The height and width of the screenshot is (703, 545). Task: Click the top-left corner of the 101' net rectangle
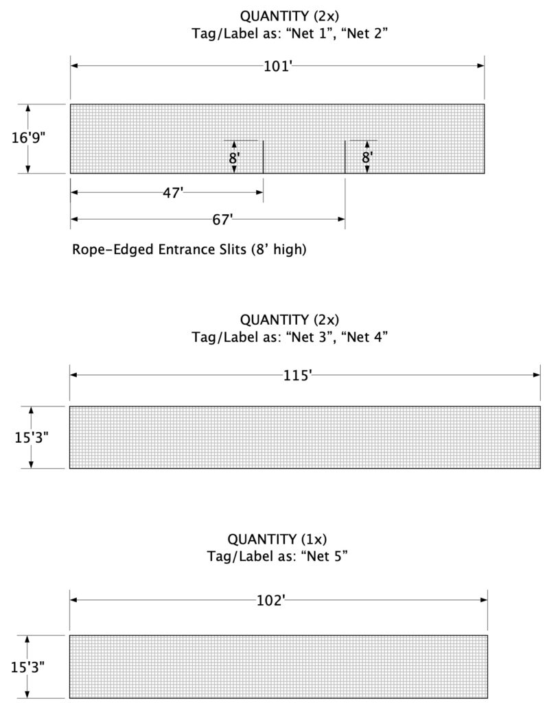tap(71, 104)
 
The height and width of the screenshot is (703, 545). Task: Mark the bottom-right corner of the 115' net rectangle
tap(540, 468)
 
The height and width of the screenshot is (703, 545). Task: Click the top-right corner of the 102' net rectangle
tap(487, 635)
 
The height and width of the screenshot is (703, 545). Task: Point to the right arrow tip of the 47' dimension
tap(263, 192)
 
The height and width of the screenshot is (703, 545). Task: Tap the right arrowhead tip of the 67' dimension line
tap(345, 219)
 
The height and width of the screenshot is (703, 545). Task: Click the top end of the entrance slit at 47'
tap(263, 141)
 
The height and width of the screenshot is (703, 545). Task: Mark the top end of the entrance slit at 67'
tap(345, 141)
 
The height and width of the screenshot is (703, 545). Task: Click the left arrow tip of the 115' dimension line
tap(71, 375)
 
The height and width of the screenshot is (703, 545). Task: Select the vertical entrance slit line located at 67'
tap(345, 157)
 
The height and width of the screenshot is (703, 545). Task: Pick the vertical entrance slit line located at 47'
tap(263, 157)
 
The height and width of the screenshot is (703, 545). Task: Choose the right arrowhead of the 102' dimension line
tap(484, 600)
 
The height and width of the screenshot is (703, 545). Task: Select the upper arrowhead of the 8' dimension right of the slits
tap(367, 144)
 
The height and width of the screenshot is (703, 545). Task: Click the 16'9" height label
tap(28, 137)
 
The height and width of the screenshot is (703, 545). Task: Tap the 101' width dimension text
tap(278, 67)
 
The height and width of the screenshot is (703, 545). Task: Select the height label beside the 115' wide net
tap(32, 437)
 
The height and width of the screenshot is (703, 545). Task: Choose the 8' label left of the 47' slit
tap(234, 159)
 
